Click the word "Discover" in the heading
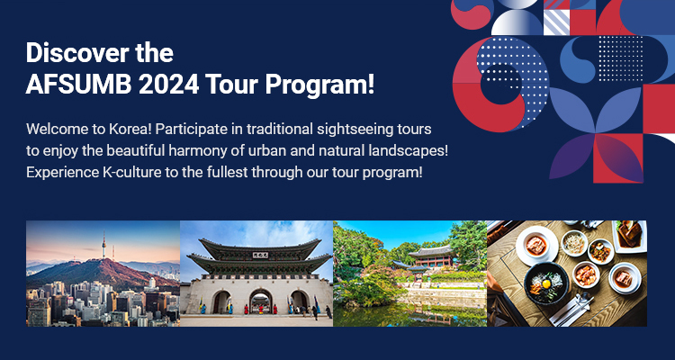click(x=77, y=53)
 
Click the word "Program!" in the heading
click(x=319, y=85)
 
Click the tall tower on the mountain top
click(x=103, y=246)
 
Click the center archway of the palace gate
click(x=261, y=301)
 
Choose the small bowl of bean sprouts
click(x=574, y=243)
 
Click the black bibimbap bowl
click(x=546, y=283)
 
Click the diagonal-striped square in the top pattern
click(x=556, y=22)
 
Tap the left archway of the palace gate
click(x=221, y=302)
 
